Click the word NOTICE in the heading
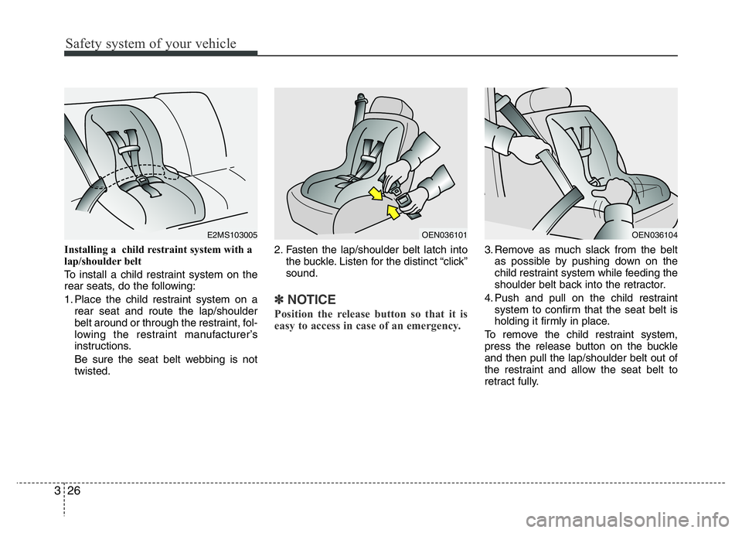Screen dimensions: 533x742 pos(311,299)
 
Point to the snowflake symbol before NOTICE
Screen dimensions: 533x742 pos(280,299)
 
